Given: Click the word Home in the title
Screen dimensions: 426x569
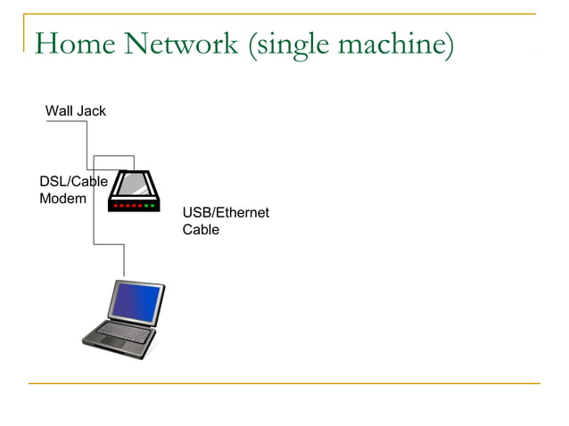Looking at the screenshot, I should (x=74, y=44).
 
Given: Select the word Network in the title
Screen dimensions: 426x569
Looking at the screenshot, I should (x=182, y=44).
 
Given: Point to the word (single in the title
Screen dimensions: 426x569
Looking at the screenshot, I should (x=287, y=45).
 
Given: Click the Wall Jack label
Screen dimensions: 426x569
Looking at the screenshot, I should (x=75, y=111).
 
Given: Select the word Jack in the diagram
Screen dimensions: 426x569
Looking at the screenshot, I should (x=90, y=111).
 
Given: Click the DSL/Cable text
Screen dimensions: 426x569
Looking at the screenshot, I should (x=73, y=182).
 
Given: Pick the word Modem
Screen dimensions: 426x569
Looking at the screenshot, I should (x=62, y=199).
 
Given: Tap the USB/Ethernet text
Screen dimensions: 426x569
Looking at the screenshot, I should (x=226, y=213).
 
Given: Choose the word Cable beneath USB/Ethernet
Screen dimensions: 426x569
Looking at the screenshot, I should (x=201, y=230).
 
